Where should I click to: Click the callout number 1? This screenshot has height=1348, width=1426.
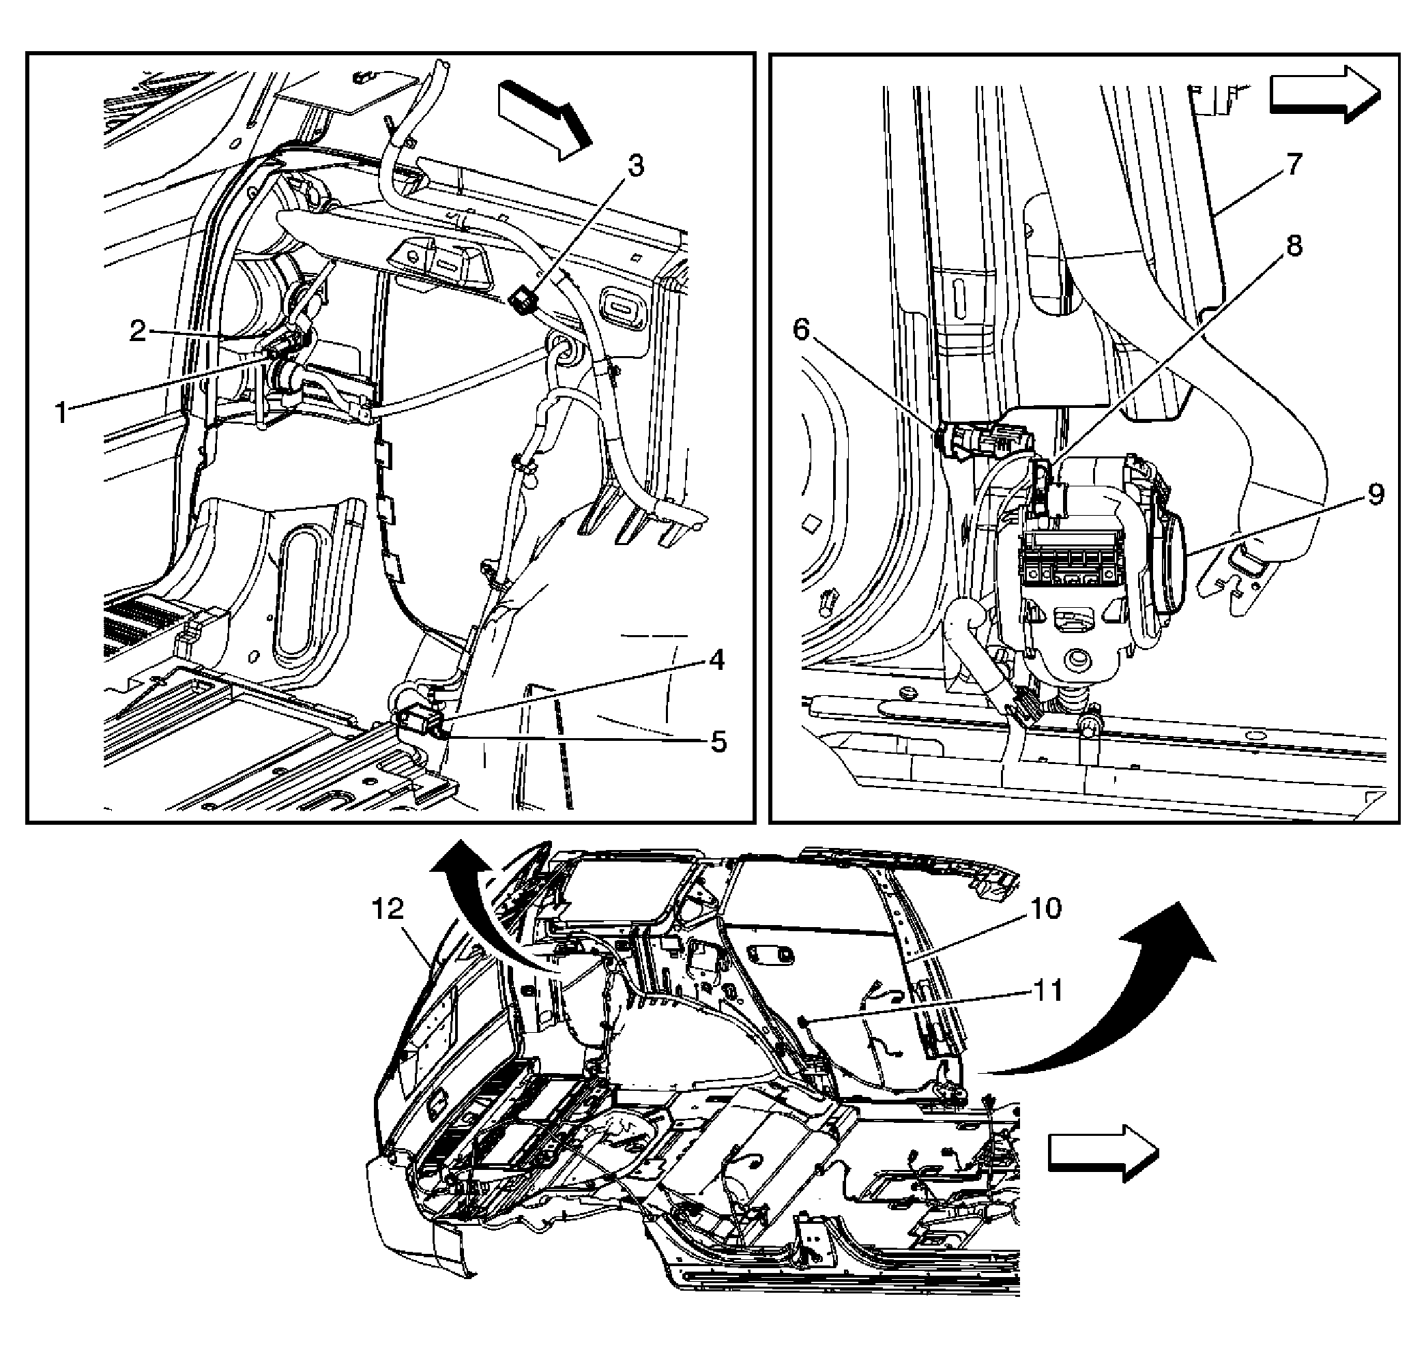click(x=62, y=413)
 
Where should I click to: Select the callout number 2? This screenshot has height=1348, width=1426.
click(x=137, y=332)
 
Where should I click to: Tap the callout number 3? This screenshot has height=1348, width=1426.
click(x=635, y=166)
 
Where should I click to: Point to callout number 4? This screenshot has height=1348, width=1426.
click(x=716, y=660)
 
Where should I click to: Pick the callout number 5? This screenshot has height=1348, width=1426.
click(x=718, y=742)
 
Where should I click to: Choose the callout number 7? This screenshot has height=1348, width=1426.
click(x=1293, y=164)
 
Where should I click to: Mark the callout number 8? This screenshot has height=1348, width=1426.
click(x=1293, y=246)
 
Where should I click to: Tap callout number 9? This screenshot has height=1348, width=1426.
click(x=1375, y=495)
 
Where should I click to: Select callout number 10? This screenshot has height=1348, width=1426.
click(x=1046, y=908)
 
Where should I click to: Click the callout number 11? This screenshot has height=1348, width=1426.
click(x=1047, y=991)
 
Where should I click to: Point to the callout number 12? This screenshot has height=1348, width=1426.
click(x=388, y=909)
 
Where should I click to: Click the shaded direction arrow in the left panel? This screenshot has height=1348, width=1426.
click(x=544, y=119)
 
